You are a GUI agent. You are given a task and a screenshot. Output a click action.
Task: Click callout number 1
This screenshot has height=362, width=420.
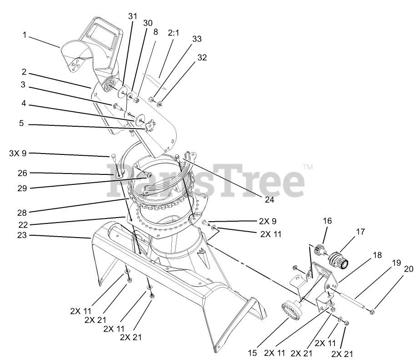coord(24,35)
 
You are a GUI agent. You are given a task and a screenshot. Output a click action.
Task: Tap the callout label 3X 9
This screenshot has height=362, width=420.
coord(18,153)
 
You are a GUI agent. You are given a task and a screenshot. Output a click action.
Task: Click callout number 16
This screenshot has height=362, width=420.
coord(327,221)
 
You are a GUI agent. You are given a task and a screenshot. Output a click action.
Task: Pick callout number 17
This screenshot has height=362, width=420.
coord(360,232)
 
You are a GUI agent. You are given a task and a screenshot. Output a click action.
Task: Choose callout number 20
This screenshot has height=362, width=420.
coord(409,268)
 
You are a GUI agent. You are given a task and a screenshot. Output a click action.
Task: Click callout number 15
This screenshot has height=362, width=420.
coord(252,352)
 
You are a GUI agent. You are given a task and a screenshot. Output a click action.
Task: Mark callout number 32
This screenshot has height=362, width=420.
coord(202,58)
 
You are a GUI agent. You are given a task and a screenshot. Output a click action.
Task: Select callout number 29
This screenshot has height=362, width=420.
coord(23,187)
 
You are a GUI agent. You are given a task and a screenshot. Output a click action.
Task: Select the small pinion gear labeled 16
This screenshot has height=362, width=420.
coord(320,251)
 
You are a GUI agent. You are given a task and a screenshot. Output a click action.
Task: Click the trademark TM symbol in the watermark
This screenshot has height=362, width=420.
coord(308,168)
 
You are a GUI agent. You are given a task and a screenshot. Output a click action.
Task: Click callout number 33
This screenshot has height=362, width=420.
coord(196,40)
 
